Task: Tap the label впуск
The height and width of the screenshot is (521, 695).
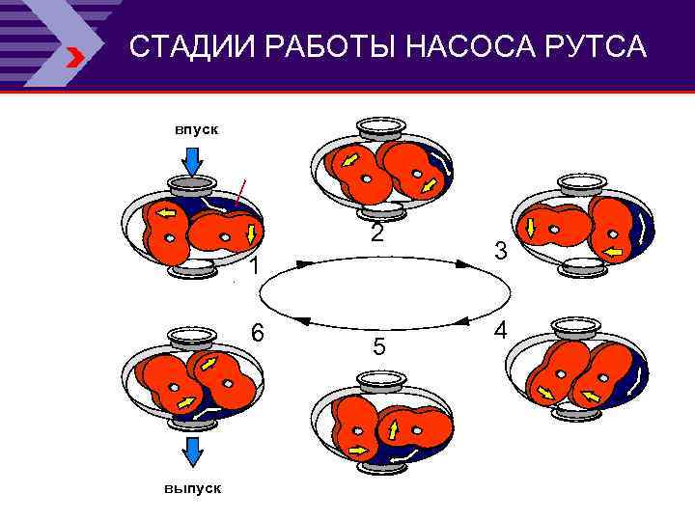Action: point(196,129)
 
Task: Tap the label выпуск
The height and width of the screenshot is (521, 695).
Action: point(192,488)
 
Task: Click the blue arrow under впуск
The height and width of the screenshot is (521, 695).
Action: point(192,160)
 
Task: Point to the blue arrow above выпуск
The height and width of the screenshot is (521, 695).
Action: point(192,452)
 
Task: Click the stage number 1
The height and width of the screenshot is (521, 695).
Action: point(253,267)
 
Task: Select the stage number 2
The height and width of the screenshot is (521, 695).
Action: point(377,233)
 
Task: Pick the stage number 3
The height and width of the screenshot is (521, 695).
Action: point(500,251)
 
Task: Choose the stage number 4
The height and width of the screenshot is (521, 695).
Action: point(500,330)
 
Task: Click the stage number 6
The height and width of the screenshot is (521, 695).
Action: point(258,331)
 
